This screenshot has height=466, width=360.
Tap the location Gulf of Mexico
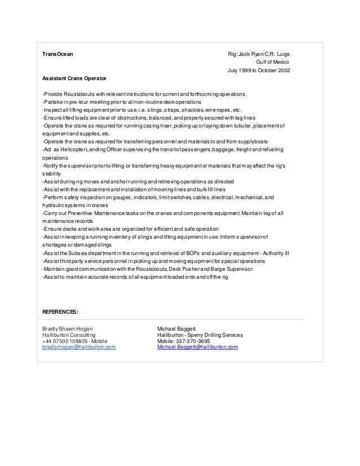(273, 62)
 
